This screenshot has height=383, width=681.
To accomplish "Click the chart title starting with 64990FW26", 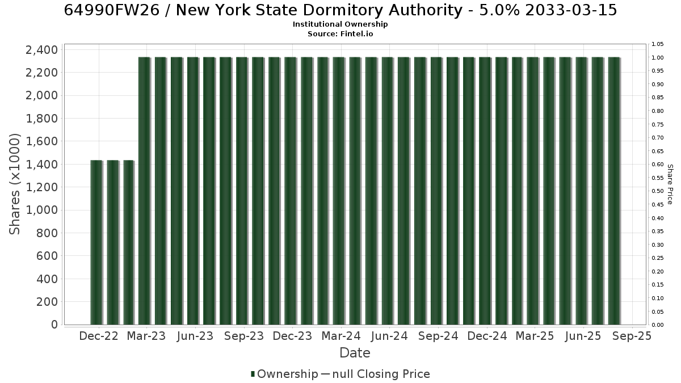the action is click(340, 10).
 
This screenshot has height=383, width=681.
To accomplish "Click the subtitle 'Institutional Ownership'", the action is click(340, 24).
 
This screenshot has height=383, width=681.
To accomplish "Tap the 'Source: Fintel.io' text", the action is click(340, 33).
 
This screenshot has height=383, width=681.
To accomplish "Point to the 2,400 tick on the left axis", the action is click(41, 50).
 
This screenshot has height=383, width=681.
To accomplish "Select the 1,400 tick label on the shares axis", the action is click(41, 165).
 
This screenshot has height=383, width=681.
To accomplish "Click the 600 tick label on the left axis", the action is click(47, 256).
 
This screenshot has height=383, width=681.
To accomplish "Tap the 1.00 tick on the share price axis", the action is click(658, 58).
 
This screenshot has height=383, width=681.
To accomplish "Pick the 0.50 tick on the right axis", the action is click(658, 191).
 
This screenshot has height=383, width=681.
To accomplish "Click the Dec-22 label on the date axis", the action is click(99, 336).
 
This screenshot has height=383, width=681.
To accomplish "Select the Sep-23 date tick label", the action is click(244, 336).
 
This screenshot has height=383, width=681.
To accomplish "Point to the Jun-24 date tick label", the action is click(389, 336).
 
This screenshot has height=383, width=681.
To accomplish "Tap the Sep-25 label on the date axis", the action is click(632, 336).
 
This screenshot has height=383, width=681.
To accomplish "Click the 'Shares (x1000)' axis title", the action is click(14, 184).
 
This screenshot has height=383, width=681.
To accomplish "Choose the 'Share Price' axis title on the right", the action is click(670, 184).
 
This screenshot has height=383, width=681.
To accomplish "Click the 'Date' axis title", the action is click(355, 353).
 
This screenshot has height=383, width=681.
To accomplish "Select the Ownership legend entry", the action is click(284, 374).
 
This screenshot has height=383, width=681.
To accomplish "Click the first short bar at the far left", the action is click(96, 243).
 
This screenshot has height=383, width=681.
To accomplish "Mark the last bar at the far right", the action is click(614, 191).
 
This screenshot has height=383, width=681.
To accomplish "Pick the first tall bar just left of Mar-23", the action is click(144, 191).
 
